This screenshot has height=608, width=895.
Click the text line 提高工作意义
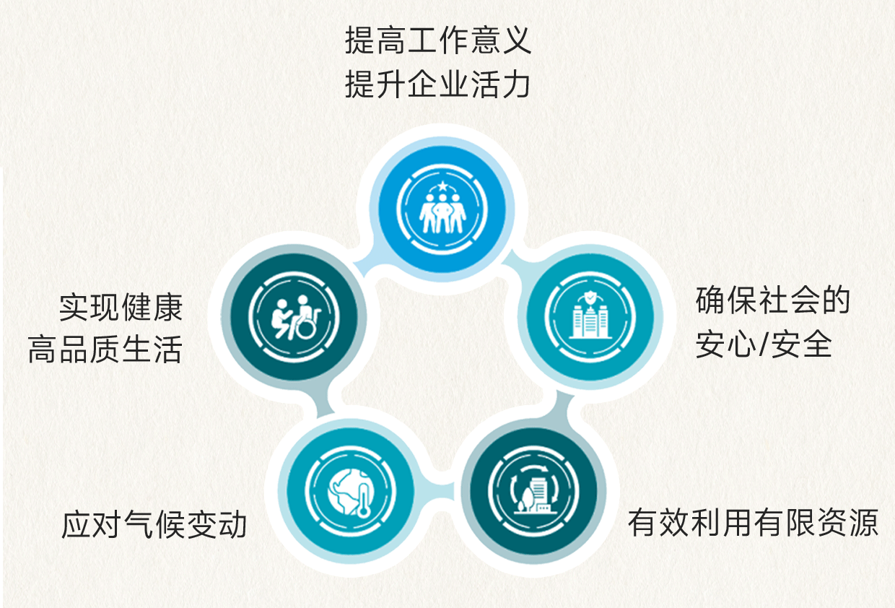(438, 41)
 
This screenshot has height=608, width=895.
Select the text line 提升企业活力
(438, 84)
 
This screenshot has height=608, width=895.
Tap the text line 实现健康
(121, 308)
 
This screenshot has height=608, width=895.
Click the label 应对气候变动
(154, 525)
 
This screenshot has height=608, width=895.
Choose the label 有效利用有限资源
(753, 523)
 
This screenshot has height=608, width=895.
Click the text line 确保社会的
(773, 301)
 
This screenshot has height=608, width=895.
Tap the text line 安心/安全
(764, 345)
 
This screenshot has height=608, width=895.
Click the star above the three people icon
(442, 186)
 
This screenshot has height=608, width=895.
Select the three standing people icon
(442, 215)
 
